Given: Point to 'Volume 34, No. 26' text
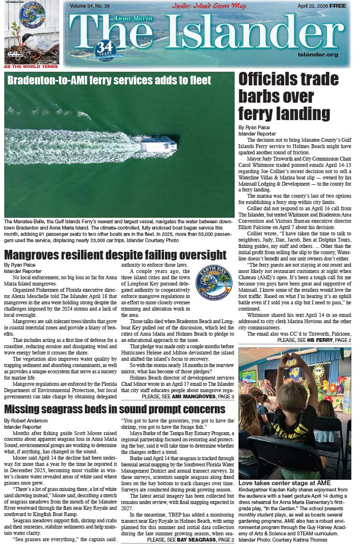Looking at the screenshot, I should pos(90,6).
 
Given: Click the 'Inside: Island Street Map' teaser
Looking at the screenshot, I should pos(209,6).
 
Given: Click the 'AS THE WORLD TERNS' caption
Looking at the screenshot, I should pos(31,67).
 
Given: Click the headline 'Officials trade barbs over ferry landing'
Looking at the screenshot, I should pos(288,96).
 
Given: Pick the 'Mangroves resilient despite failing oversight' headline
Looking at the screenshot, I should pos(115,255).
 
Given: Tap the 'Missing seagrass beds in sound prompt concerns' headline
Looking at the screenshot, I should pos(115,409).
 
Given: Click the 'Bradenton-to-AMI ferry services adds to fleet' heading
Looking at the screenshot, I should pos(109,81).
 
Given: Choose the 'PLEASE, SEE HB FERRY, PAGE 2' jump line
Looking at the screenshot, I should pos(314,341).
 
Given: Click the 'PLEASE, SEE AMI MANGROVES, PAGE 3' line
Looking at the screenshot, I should pos(188,396).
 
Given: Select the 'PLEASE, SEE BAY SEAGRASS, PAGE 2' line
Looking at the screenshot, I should pos(191,540).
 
